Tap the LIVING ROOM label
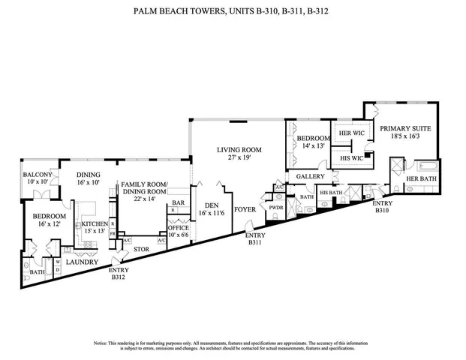[239, 150]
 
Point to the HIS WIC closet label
[350, 158]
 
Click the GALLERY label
[309, 176]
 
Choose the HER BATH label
[421, 179]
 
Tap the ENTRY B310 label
[382, 207]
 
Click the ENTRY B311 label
[254, 239]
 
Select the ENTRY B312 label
[118, 274]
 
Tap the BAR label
[179, 202]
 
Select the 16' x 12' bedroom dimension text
[50, 224]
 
